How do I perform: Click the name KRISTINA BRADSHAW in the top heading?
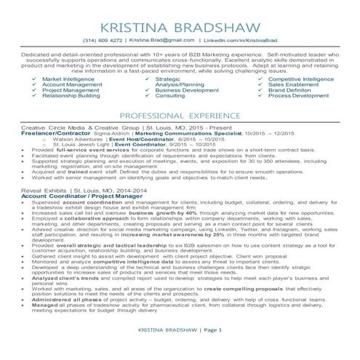(180, 23)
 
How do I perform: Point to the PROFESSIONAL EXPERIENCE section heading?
(180, 116)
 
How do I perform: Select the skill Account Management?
(71, 84)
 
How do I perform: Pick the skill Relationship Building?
(71, 95)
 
